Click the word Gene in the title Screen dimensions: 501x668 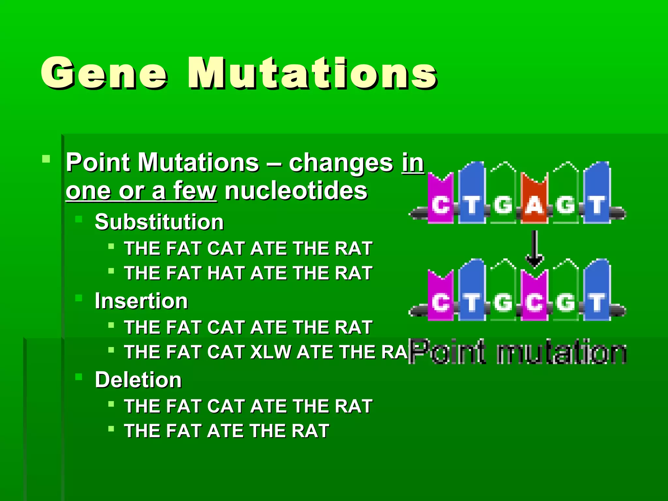tap(104, 73)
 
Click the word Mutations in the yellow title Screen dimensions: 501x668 tap(312, 73)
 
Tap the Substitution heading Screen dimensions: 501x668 tap(159, 222)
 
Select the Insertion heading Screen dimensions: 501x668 tap(141, 301)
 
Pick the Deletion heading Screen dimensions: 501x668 tap(138, 380)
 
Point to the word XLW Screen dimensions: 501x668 tap(270, 352)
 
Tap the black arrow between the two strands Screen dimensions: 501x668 tap(535, 250)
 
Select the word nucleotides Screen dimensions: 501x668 tap(296, 191)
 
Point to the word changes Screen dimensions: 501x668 tap(341, 163)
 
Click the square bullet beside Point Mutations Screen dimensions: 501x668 tap(46, 159)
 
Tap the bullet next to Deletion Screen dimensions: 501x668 tap(79, 377)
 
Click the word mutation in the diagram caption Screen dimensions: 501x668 tap(561, 352)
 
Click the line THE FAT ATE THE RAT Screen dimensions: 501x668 tap(227, 431)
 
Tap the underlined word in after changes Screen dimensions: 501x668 tap(413, 163)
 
